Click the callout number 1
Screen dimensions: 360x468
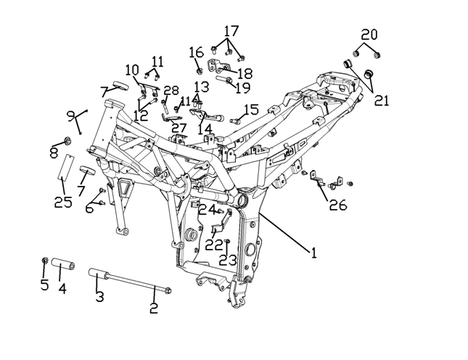313,253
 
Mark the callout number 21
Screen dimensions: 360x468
381,101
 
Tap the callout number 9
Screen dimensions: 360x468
70,116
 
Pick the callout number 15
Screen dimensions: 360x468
251,110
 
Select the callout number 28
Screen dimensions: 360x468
171,91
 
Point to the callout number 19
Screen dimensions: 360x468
242,88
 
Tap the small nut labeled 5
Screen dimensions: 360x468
45,261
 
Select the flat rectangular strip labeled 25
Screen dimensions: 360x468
65,166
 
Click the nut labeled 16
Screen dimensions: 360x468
199,70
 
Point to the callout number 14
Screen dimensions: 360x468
205,129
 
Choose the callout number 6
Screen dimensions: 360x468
89,208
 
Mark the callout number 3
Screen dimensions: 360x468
99,297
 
